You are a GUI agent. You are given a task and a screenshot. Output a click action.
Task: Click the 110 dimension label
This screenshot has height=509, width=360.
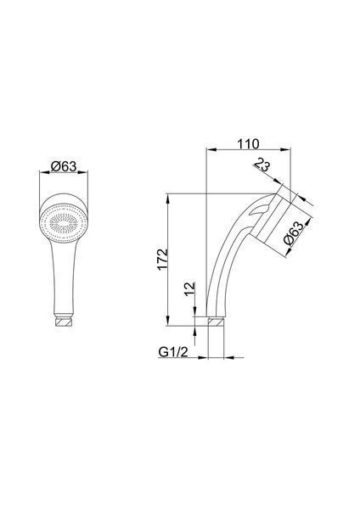248,143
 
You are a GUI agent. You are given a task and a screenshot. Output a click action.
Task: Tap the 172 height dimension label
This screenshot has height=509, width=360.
162,259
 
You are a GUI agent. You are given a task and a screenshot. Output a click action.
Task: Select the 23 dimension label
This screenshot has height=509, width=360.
262,165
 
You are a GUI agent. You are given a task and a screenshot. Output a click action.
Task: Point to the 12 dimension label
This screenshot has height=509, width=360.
190,289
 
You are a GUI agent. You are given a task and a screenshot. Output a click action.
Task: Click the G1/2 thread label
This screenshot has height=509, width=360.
173,352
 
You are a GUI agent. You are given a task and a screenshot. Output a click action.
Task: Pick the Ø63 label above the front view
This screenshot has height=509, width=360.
64,166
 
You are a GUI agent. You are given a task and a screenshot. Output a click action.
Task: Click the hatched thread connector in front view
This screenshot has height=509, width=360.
64,322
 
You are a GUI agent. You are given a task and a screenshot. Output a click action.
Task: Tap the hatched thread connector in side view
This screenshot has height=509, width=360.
216,322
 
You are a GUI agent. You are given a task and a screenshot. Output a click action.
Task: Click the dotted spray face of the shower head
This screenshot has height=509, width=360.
64,223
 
